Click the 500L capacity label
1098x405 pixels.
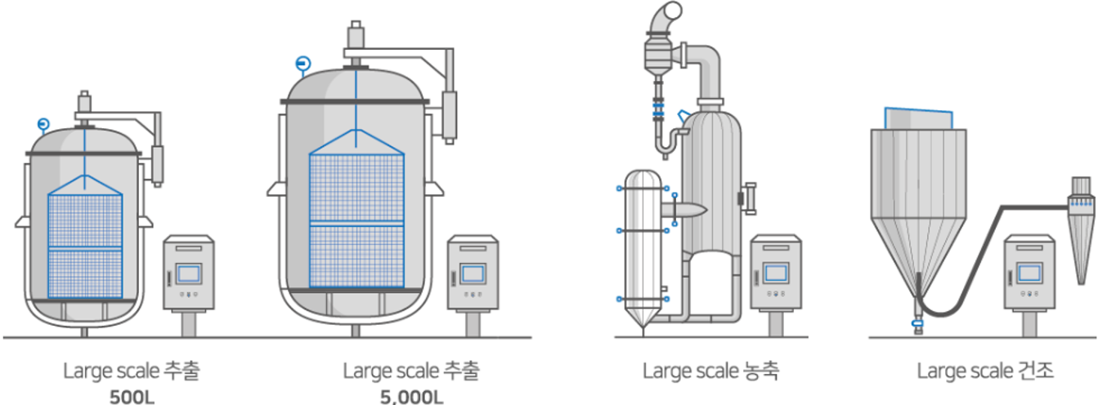pyautogui.click(x=132, y=398)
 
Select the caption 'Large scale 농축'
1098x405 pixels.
pyautogui.click(x=710, y=372)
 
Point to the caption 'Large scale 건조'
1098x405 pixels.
pyautogui.click(x=985, y=372)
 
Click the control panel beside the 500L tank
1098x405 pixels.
pyautogui.click(x=188, y=273)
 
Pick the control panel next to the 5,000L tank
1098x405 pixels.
pyautogui.click(x=472, y=273)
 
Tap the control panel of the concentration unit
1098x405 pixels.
pyautogui.click(x=776, y=273)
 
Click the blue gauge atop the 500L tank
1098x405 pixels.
pyautogui.click(x=43, y=124)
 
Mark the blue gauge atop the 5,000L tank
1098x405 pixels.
pyautogui.click(x=303, y=63)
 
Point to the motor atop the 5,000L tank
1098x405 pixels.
pyautogui.click(x=356, y=37)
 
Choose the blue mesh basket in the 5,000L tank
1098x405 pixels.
pyautogui.click(x=356, y=216)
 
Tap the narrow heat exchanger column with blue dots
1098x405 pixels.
pyautogui.click(x=643, y=245)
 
